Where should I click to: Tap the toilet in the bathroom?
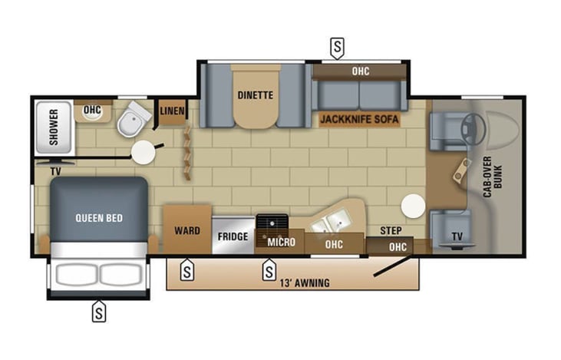(137, 117)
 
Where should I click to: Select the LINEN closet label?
(172, 111)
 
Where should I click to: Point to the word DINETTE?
(254, 95)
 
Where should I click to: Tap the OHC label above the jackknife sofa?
(360, 71)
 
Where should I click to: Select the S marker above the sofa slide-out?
(336, 48)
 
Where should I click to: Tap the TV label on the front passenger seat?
(457, 236)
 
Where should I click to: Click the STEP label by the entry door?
(391, 230)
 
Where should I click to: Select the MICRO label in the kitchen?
(281, 243)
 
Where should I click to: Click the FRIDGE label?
(233, 236)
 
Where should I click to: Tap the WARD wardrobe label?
(187, 230)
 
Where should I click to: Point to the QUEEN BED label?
(98, 218)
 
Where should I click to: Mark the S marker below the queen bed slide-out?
(99, 311)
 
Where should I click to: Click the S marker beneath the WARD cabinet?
(186, 270)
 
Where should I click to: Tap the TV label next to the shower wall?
(55, 171)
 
